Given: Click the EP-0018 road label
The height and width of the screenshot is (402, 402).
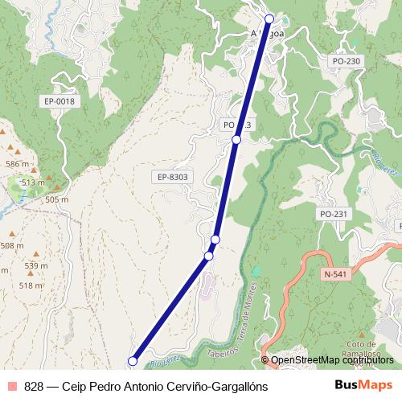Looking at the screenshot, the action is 59,100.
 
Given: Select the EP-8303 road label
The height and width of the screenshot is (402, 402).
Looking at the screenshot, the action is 172,176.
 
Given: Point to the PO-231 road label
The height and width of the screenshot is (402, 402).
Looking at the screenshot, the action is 332,214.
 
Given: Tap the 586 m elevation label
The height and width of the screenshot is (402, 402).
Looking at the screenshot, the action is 17,164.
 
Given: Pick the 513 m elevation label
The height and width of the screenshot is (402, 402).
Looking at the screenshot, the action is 33,183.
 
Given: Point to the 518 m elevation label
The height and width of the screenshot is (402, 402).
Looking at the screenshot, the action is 31,285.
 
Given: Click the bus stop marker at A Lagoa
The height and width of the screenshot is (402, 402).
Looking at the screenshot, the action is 269,18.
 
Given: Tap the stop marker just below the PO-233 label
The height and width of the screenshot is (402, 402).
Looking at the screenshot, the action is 236,140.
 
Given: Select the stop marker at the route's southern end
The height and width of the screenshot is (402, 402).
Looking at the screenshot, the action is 133,362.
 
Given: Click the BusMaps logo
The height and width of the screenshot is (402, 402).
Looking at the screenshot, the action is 364,385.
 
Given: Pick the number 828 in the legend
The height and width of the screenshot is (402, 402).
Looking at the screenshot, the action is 34,386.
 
